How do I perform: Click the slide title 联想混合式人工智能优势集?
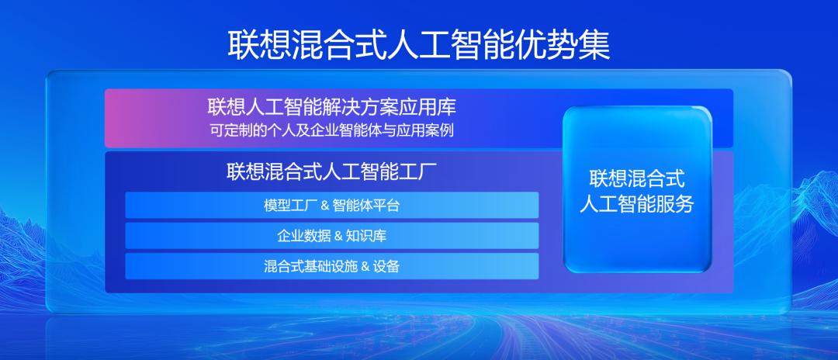click(x=419, y=44)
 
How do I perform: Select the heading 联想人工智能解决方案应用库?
click(x=331, y=106)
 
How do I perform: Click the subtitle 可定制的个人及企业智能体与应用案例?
click(x=331, y=130)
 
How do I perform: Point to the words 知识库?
click(x=366, y=236)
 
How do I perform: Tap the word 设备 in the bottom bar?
click(x=386, y=266)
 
